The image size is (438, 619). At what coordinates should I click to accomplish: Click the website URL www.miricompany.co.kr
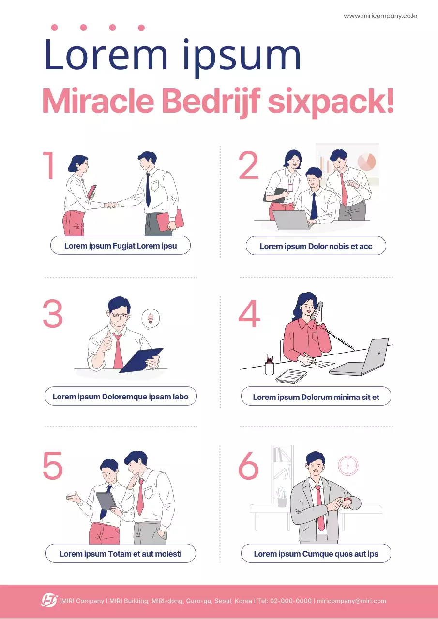(x=381, y=16)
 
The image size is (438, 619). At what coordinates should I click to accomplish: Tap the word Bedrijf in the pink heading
(x=211, y=101)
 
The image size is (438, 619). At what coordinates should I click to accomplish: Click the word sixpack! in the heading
(x=331, y=101)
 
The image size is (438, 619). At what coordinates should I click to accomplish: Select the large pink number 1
(x=48, y=165)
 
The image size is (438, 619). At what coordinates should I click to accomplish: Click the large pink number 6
(x=248, y=465)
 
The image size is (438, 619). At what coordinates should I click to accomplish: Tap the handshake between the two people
(x=111, y=205)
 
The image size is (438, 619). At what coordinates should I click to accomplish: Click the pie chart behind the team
(x=366, y=162)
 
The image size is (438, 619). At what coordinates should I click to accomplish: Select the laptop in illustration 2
(x=292, y=220)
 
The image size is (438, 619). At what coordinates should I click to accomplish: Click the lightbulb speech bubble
(x=151, y=319)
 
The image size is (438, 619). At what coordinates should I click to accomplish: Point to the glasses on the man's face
(x=120, y=315)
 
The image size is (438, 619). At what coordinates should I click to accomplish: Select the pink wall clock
(x=348, y=465)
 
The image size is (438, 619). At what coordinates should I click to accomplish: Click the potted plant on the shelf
(x=282, y=497)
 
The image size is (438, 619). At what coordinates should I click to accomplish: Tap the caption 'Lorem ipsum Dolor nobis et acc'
(x=316, y=246)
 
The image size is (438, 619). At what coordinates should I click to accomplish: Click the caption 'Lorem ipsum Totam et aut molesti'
(x=121, y=554)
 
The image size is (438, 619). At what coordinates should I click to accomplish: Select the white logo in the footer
(x=49, y=600)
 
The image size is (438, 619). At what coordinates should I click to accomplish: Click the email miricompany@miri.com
(x=351, y=601)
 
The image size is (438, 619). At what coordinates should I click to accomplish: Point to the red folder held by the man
(x=170, y=221)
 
